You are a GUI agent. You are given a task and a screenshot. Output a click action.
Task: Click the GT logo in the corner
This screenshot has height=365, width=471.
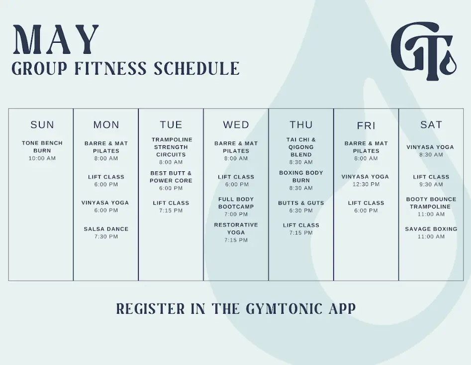pos(424,51)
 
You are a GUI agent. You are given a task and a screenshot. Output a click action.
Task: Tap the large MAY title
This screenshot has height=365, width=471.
pos(56,40)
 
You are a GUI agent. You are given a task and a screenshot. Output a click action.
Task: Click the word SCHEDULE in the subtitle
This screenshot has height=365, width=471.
pos(197,68)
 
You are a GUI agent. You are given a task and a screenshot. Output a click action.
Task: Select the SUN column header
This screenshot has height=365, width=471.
pos(42,124)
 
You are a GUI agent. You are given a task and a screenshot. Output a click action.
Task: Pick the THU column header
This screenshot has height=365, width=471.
pos(301,124)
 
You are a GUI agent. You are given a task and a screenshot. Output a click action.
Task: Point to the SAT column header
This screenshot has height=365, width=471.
pos(431,124)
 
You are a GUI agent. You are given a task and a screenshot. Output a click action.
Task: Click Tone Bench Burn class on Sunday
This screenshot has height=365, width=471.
pos(42,147)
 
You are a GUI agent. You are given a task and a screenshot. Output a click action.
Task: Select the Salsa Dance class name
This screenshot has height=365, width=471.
pos(106,229)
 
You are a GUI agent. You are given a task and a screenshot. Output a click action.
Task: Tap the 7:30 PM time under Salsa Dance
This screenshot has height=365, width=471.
pos(106,237)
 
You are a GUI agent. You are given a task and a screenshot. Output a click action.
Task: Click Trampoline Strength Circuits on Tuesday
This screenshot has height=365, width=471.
pos(171,147)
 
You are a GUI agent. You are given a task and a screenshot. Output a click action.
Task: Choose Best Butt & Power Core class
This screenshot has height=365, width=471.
pos(171,177)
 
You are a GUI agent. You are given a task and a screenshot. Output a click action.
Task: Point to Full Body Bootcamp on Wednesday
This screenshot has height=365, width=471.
pos(236,203)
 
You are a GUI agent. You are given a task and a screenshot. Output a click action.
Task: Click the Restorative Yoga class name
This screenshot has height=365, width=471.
pos(236,229)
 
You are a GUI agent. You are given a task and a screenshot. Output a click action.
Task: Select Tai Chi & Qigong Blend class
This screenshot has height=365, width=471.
pos(301,147)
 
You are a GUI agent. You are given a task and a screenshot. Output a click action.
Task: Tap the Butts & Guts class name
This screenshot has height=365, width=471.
pos(301,203)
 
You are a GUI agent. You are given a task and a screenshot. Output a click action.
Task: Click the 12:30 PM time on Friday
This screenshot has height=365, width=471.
pos(366,184)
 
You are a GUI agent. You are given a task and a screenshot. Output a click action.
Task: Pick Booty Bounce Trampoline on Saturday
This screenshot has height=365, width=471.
pos(431,203)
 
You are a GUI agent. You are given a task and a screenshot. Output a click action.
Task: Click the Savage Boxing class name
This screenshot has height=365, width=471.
pos(431,229)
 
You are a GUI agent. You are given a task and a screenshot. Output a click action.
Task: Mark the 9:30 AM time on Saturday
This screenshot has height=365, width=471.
pos(431,184)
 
